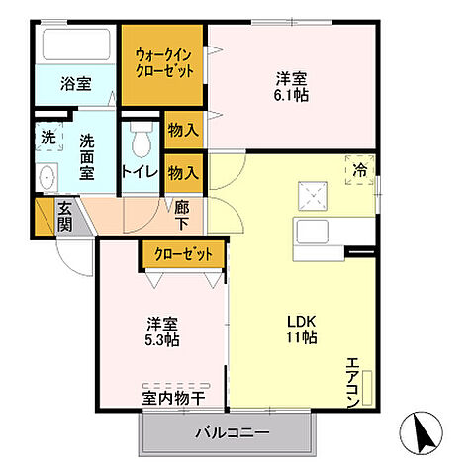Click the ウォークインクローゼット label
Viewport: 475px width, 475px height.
(x=163, y=64)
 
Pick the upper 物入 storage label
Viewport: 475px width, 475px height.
(x=184, y=130)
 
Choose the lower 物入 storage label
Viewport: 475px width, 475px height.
(x=184, y=173)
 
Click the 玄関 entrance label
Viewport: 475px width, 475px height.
(x=63, y=215)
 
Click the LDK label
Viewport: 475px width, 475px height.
(x=302, y=320)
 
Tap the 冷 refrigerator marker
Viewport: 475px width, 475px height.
(x=359, y=169)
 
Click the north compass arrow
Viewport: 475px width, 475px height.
(x=421, y=432)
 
